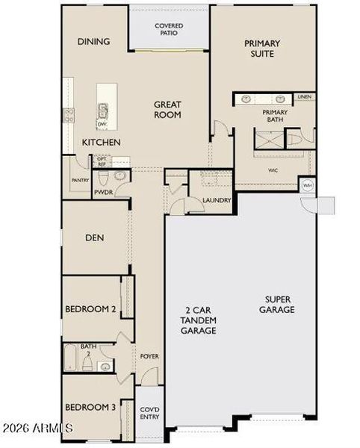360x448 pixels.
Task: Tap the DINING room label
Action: point(94,42)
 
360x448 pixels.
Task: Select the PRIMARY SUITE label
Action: point(263,49)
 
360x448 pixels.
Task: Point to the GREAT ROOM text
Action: point(168,110)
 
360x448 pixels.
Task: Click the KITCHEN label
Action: point(102,142)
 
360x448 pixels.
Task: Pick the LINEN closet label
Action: point(303,97)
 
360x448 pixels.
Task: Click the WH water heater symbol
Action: point(306,184)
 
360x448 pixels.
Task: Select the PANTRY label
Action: point(81,180)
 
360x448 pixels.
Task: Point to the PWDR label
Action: point(103,192)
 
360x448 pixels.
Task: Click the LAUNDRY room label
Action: point(217,200)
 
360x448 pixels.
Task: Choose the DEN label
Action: point(94,239)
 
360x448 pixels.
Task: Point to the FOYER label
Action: point(149,356)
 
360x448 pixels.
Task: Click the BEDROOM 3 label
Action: point(90,407)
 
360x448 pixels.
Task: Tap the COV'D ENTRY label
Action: point(149,413)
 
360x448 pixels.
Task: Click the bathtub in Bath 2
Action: point(71,358)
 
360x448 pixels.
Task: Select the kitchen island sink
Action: point(102,112)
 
